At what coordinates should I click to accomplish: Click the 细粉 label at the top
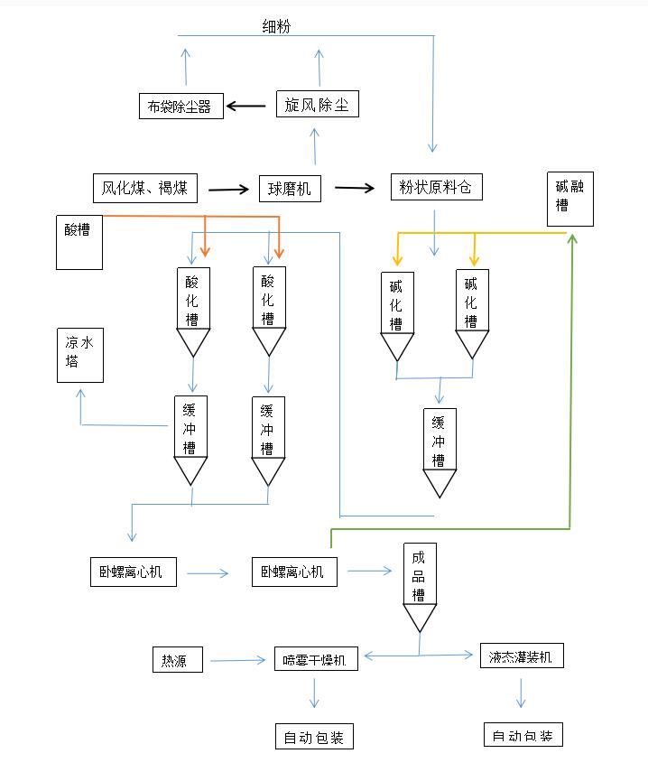coord(276,27)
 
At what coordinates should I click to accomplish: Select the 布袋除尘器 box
coord(181,106)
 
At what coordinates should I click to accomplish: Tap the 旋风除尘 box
coord(317,105)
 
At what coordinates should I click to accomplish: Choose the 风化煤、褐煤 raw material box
coord(144,188)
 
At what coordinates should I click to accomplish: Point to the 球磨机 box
coord(290,188)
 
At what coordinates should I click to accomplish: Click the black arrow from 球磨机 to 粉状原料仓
coord(355,188)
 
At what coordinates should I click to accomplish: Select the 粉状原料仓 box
coord(436,187)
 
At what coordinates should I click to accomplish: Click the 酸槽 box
coord(79,242)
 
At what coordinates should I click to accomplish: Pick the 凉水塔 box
coord(79,355)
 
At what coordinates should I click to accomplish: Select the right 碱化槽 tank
coord(471,312)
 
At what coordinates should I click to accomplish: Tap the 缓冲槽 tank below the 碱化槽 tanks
coord(440,451)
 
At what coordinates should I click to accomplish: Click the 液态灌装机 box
coord(522,656)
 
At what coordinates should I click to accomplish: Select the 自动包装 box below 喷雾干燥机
coord(313,737)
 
